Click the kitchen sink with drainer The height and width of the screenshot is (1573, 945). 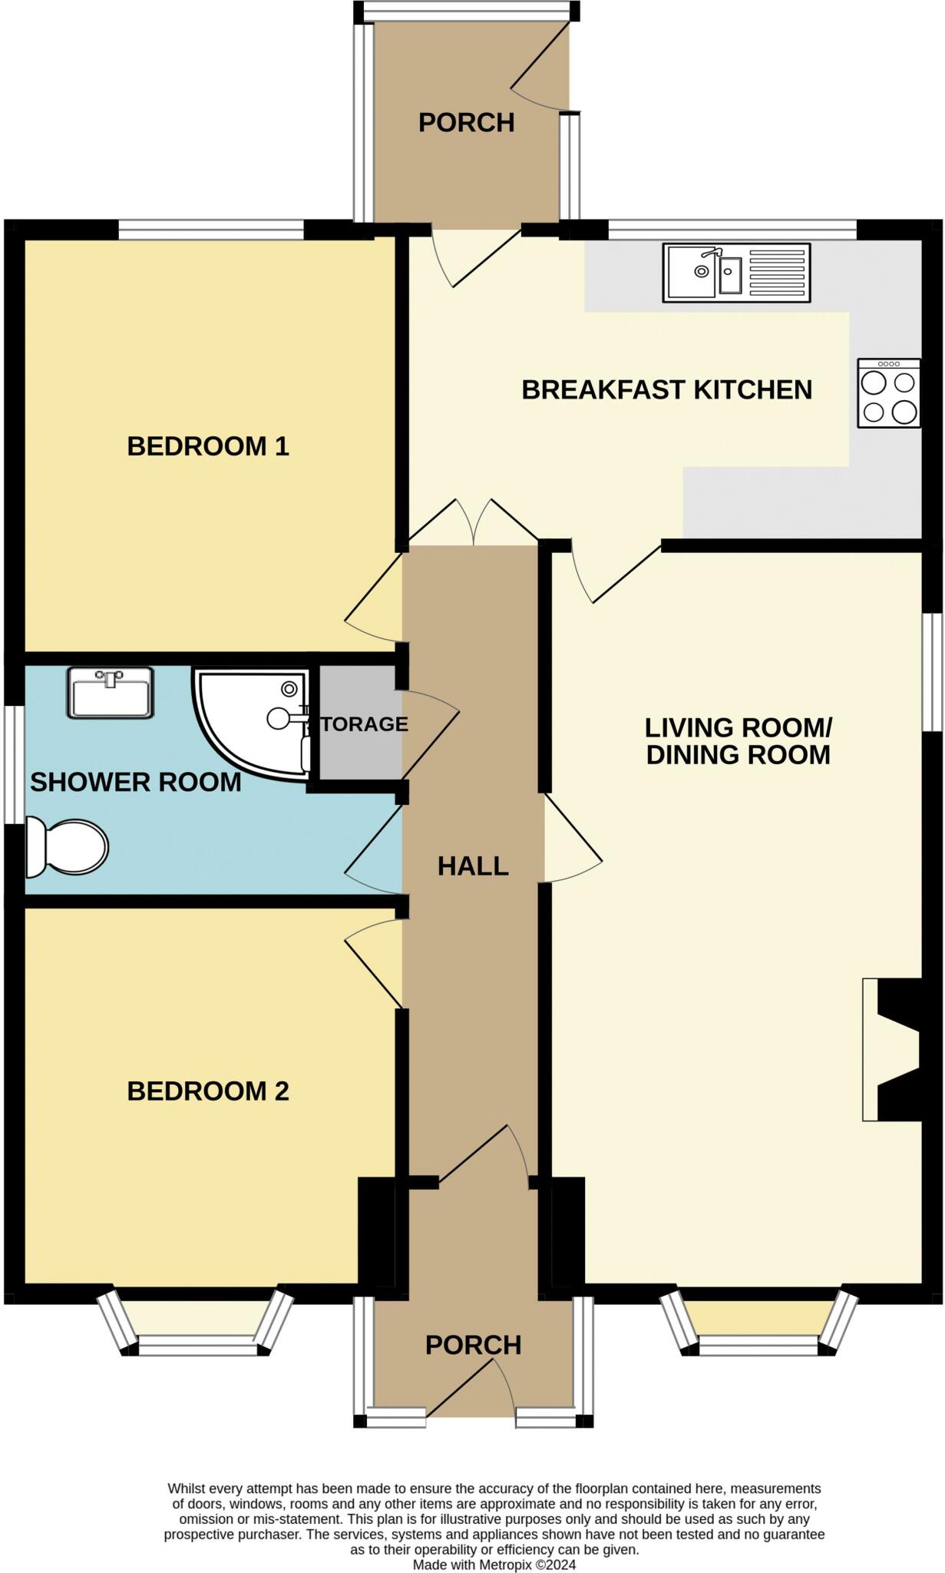(736, 273)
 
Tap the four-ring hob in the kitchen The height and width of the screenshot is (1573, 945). (889, 393)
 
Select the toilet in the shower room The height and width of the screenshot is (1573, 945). (67, 847)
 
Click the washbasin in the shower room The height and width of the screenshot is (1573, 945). (111, 693)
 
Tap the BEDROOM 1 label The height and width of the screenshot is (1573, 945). (208, 446)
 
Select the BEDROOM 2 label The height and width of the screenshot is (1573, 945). (208, 1091)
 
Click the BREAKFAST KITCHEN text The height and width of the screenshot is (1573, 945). (667, 390)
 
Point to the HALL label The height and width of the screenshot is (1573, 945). (473, 866)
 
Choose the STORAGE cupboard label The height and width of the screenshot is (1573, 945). (358, 724)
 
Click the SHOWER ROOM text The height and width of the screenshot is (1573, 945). (136, 783)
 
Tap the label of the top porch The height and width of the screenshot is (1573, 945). (466, 123)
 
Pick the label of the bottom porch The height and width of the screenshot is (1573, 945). (474, 1345)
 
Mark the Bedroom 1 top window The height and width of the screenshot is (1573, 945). (211, 230)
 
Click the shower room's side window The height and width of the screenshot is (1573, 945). (14, 764)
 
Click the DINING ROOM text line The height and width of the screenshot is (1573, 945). (738, 754)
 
